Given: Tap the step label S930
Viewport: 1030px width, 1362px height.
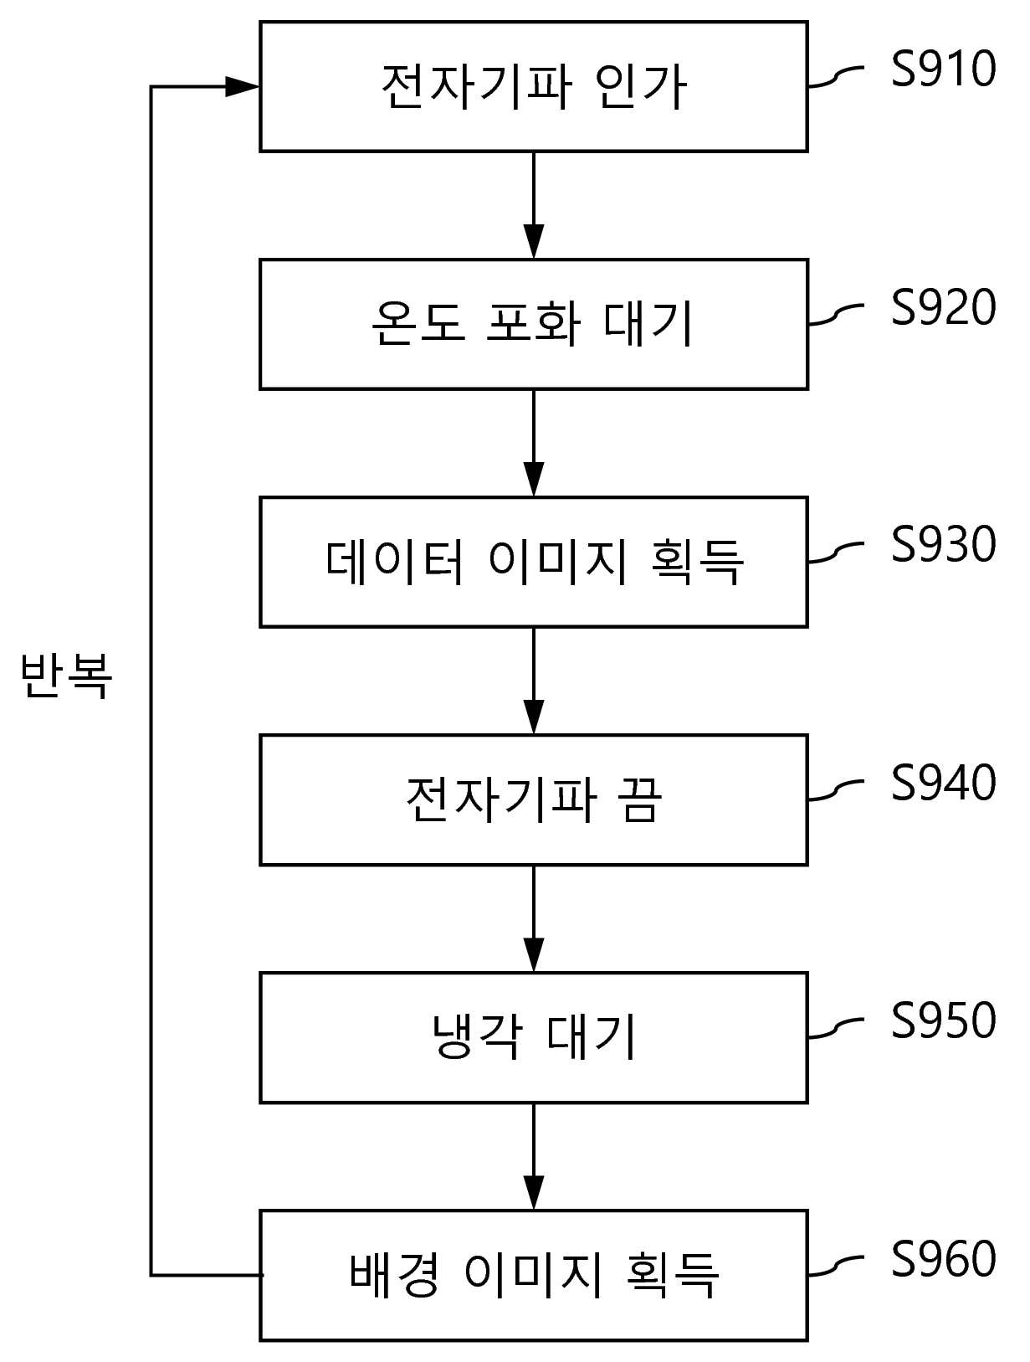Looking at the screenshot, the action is pyautogui.click(x=943, y=544).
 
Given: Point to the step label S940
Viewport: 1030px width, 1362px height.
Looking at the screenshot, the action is pyautogui.click(x=943, y=782).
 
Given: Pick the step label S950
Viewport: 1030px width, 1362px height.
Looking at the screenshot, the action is pyautogui.click(x=943, y=1020).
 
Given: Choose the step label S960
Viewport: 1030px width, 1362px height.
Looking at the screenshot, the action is pyautogui.click(x=943, y=1258).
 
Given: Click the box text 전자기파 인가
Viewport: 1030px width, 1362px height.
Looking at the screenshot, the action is pyautogui.click(x=534, y=88).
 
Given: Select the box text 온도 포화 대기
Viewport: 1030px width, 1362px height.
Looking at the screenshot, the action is pyautogui.click(x=532, y=324).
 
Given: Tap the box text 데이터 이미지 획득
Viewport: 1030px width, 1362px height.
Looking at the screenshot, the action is pyautogui.click(x=534, y=563).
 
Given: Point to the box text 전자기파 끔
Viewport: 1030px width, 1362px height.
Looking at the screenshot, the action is pyautogui.click(x=534, y=799).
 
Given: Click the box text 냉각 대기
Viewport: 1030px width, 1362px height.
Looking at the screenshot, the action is pyautogui.click(x=534, y=1037).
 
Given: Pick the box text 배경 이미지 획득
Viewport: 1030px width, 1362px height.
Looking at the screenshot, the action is pyautogui.click(x=534, y=1275).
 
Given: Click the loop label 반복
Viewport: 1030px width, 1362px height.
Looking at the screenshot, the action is pyautogui.click(x=66, y=676).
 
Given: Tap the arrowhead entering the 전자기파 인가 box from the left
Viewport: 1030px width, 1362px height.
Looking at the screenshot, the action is pyautogui.click(x=242, y=87).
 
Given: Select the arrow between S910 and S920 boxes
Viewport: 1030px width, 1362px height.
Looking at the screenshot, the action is pyautogui.click(x=534, y=205).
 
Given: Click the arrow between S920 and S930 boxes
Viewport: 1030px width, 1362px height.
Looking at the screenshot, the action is pyautogui.click(x=534, y=443).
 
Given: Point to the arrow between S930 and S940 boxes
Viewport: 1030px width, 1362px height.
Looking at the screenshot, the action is pyautogui.click(x=534, y=681).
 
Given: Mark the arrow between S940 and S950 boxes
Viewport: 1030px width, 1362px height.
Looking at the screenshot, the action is pyautogui.click(x=534, y=918).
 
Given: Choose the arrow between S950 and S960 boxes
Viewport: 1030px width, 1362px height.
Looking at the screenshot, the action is pyautogui.click(x=534, y=1157).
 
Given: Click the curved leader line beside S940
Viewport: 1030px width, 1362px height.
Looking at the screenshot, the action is pyautogui.click(x=836, y=790).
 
